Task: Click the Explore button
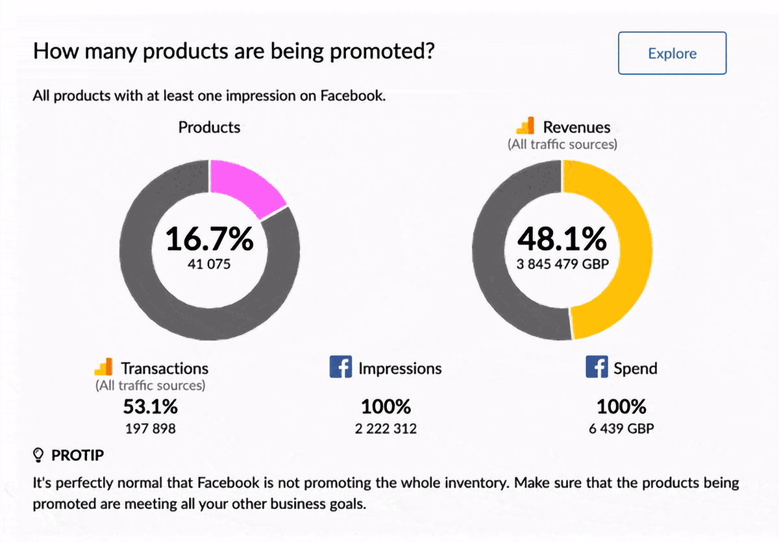pos(672,53)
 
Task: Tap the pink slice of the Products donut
pos(245,186)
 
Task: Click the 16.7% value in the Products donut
pos(209,239)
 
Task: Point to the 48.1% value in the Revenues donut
pos(562,239)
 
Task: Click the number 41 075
pos(209,264)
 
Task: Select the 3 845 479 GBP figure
pos(562,264)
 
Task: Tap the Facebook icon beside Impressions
pos(340,367)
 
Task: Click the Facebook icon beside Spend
pos(597,367)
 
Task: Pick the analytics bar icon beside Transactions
pos(103,367)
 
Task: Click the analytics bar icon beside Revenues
pos(525,125)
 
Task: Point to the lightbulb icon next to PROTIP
pos(38,455)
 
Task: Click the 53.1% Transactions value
pos(150,406)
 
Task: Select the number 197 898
pos(150,428)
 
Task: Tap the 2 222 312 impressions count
pos(386,428)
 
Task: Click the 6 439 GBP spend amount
pos(621,428)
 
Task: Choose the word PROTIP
pos(77,456)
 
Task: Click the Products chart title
pos(209,127)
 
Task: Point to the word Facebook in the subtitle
pos(353,95)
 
